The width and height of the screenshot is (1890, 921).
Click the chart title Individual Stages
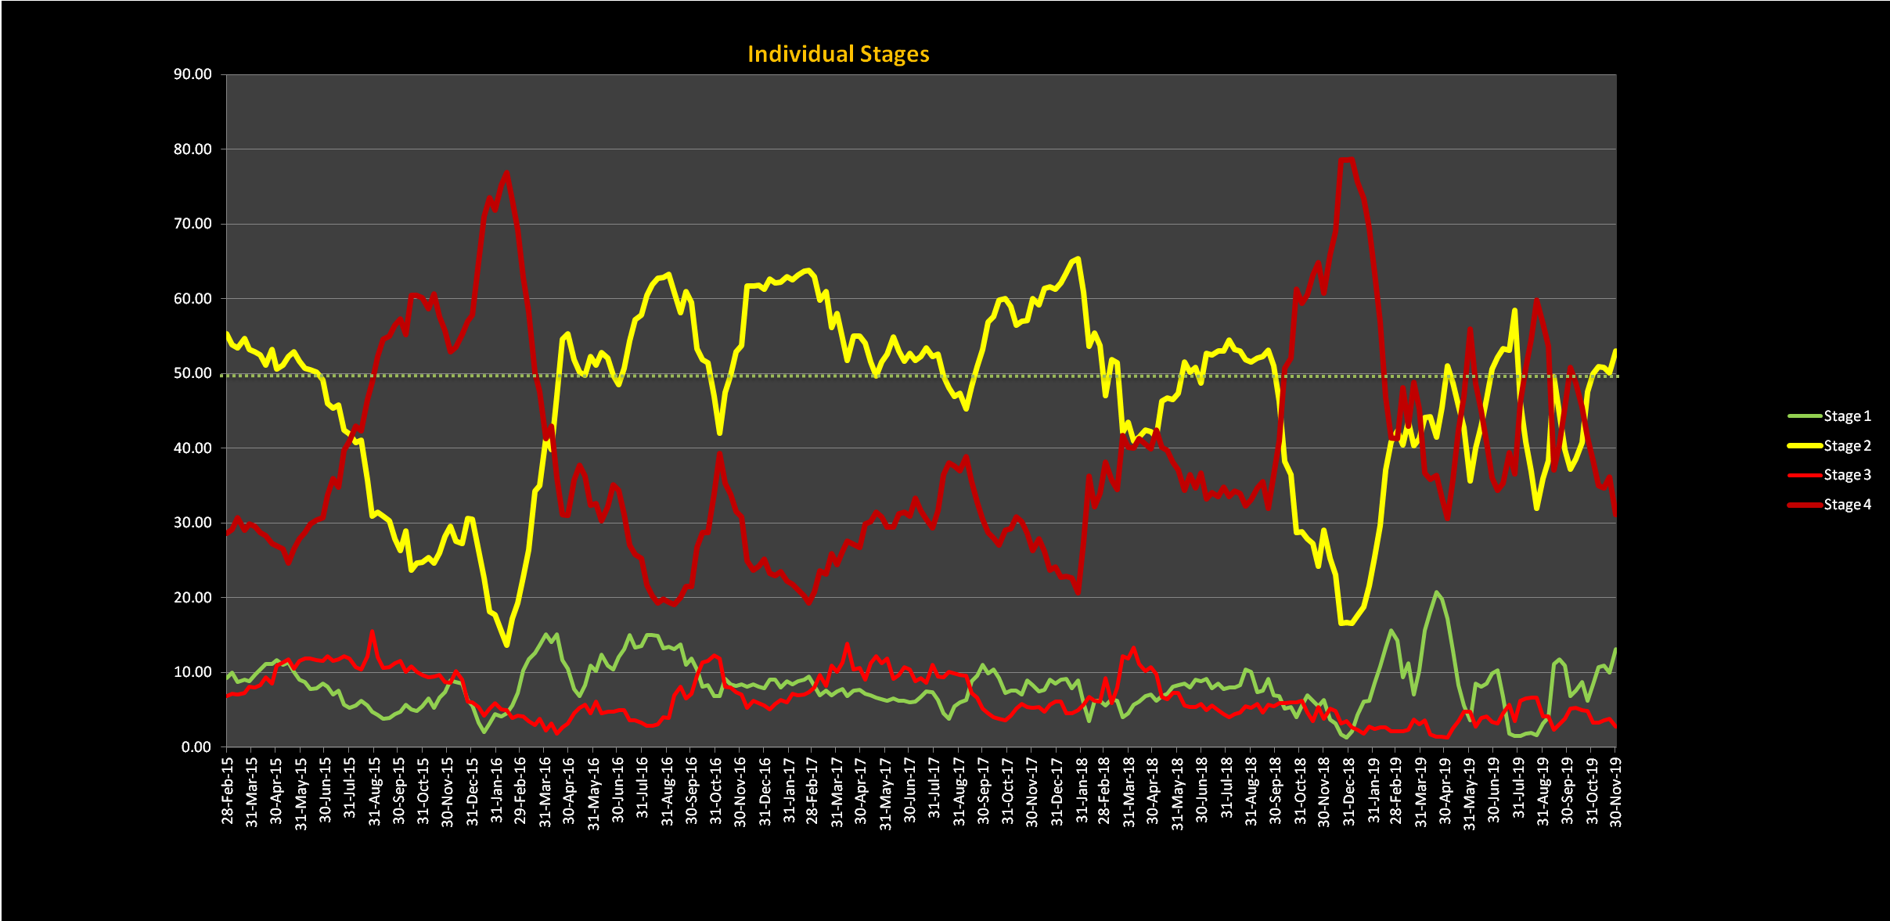(838, 54)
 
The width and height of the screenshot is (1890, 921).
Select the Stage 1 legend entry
(1846, 416)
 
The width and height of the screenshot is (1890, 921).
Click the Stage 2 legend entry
(1846, 446)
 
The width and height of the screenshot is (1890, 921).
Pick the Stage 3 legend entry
(1846, 475)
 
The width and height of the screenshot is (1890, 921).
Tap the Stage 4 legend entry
(1846, 505)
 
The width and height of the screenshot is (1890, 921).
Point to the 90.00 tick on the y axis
(193, 74)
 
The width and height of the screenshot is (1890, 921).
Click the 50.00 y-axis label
(193, 373)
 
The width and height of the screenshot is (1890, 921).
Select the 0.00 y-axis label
(196, 747)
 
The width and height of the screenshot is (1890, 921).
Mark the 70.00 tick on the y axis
(193, 224)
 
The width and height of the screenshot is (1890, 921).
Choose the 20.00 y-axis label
(193, 597)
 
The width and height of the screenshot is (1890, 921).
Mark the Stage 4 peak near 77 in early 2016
(506, 172)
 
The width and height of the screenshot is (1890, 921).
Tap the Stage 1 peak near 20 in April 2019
(1436, 592)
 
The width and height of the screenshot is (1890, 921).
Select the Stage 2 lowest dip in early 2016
(507, 645)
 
